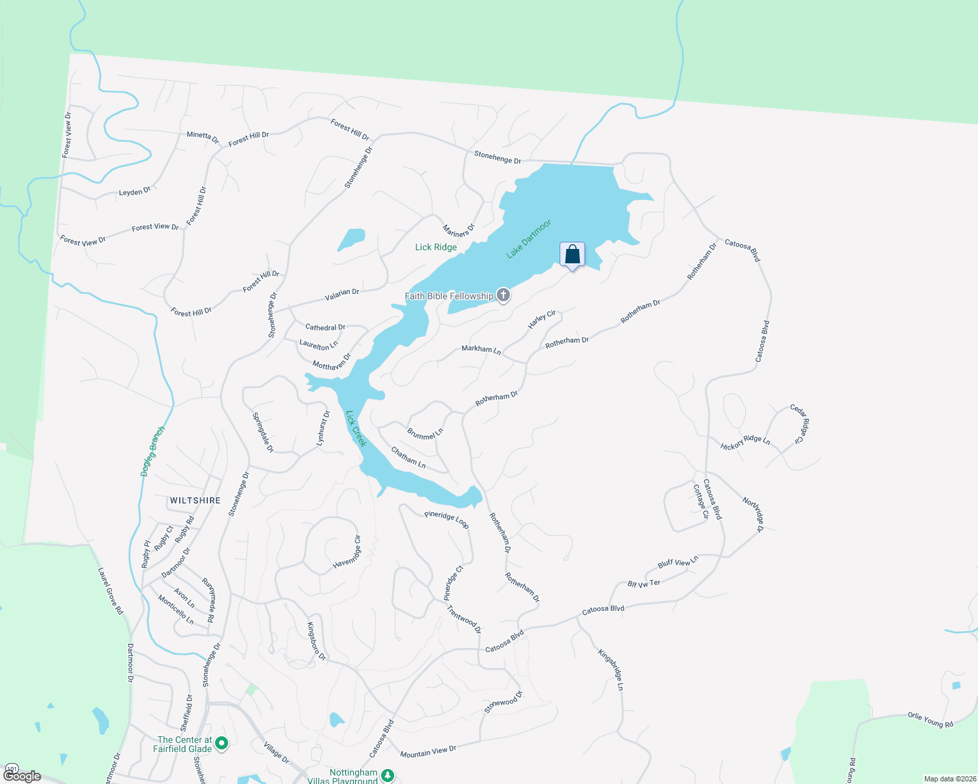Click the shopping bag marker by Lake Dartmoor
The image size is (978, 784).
[572, 255]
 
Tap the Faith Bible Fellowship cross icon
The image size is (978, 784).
[503, 295]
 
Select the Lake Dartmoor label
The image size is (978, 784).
[529, 239]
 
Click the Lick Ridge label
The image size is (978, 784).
[436, 247]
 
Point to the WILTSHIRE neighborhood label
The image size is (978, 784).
[195, 500]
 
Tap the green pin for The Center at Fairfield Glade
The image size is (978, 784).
[222, 743]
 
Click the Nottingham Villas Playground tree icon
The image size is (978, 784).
[388, 776]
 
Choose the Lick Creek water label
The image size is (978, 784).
[356, 429]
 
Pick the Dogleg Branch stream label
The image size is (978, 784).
[153, 451]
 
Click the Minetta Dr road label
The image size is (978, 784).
[203, 137]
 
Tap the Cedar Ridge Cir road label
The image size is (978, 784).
[798, 423]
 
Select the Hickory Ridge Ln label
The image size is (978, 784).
[745, 442]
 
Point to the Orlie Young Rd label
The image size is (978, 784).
[931, 719]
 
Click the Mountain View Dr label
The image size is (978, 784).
[428, 752]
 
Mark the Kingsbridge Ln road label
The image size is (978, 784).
[611, 670]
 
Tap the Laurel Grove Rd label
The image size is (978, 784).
[110, 591]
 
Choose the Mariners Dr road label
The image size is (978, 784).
[459, 231]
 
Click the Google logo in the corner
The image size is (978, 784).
[22, 776]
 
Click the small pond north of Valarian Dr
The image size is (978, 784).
[352, 239]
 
